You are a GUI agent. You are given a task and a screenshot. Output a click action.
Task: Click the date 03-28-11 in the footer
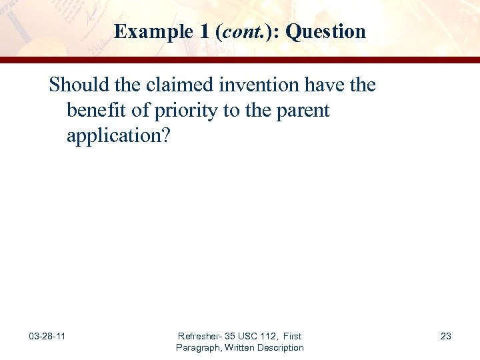point(47,336)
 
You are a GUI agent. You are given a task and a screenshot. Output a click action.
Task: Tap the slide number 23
point(445,336)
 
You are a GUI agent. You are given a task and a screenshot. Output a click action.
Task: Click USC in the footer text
point(251,336)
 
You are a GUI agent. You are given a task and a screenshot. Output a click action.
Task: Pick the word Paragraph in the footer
point(198,347)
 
